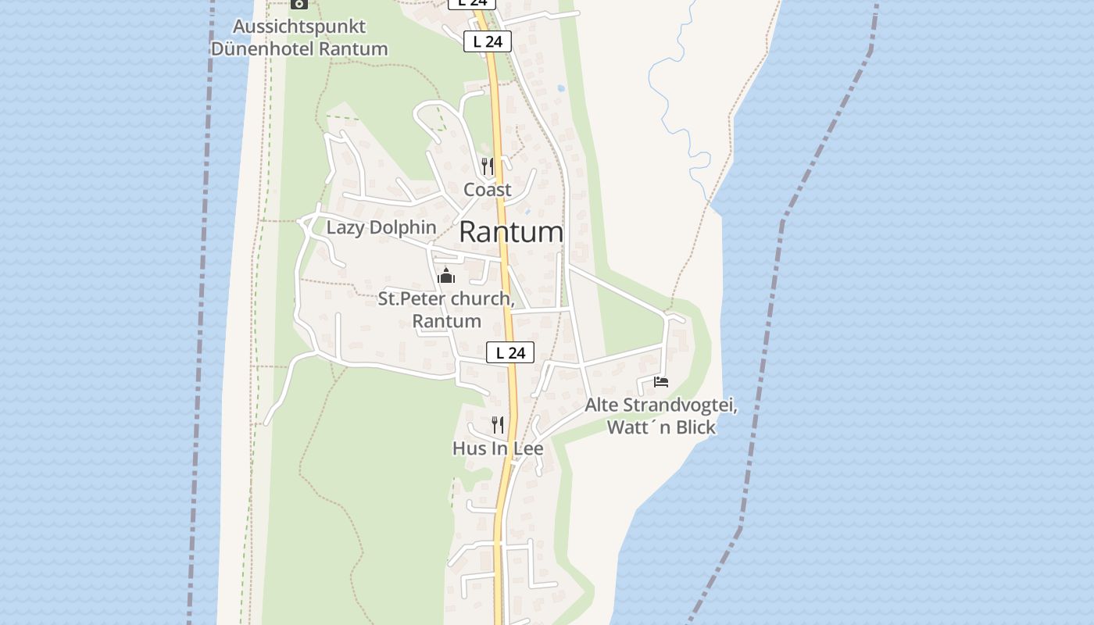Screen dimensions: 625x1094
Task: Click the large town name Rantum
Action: [511, 232]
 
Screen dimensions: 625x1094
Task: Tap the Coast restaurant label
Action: [488, 189]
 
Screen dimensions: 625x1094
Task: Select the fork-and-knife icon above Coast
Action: [488, 166]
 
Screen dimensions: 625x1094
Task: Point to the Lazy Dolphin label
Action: [381, 227]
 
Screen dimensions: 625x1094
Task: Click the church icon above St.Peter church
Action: [446, 276]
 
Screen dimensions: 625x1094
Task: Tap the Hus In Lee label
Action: [498, 448]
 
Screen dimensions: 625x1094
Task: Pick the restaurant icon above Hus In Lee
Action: [498, 424]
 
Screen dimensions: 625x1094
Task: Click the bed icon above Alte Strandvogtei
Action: [661, 382]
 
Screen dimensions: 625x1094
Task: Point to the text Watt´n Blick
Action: [661, 427]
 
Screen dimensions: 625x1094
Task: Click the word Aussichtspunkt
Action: [299, 27]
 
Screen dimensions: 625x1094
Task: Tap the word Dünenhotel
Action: [262, 48]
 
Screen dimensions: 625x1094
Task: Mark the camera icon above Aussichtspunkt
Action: [299, 3]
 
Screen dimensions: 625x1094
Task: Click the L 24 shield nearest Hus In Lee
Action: [510, 353]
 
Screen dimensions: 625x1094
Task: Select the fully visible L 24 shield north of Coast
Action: [488, 41]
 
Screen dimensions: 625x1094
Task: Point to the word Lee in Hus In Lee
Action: [527, 448]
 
